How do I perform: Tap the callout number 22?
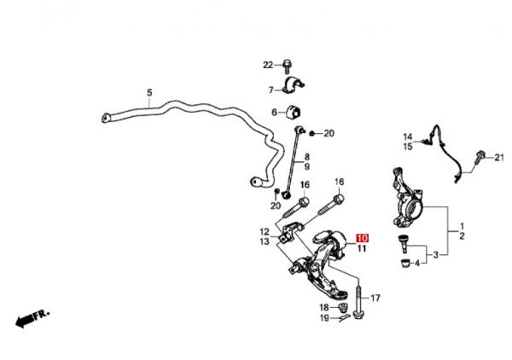point(267,65)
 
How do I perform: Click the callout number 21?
point(500,157)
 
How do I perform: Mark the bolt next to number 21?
point(482,155)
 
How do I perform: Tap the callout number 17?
point(375,298)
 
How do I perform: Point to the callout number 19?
point(325,318)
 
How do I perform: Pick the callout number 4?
point(417,263)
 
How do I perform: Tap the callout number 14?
point(408,137)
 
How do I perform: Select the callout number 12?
point(265,231)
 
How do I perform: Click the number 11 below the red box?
point(361,249)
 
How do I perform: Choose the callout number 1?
point(462,226)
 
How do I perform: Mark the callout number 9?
point(307,166)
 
